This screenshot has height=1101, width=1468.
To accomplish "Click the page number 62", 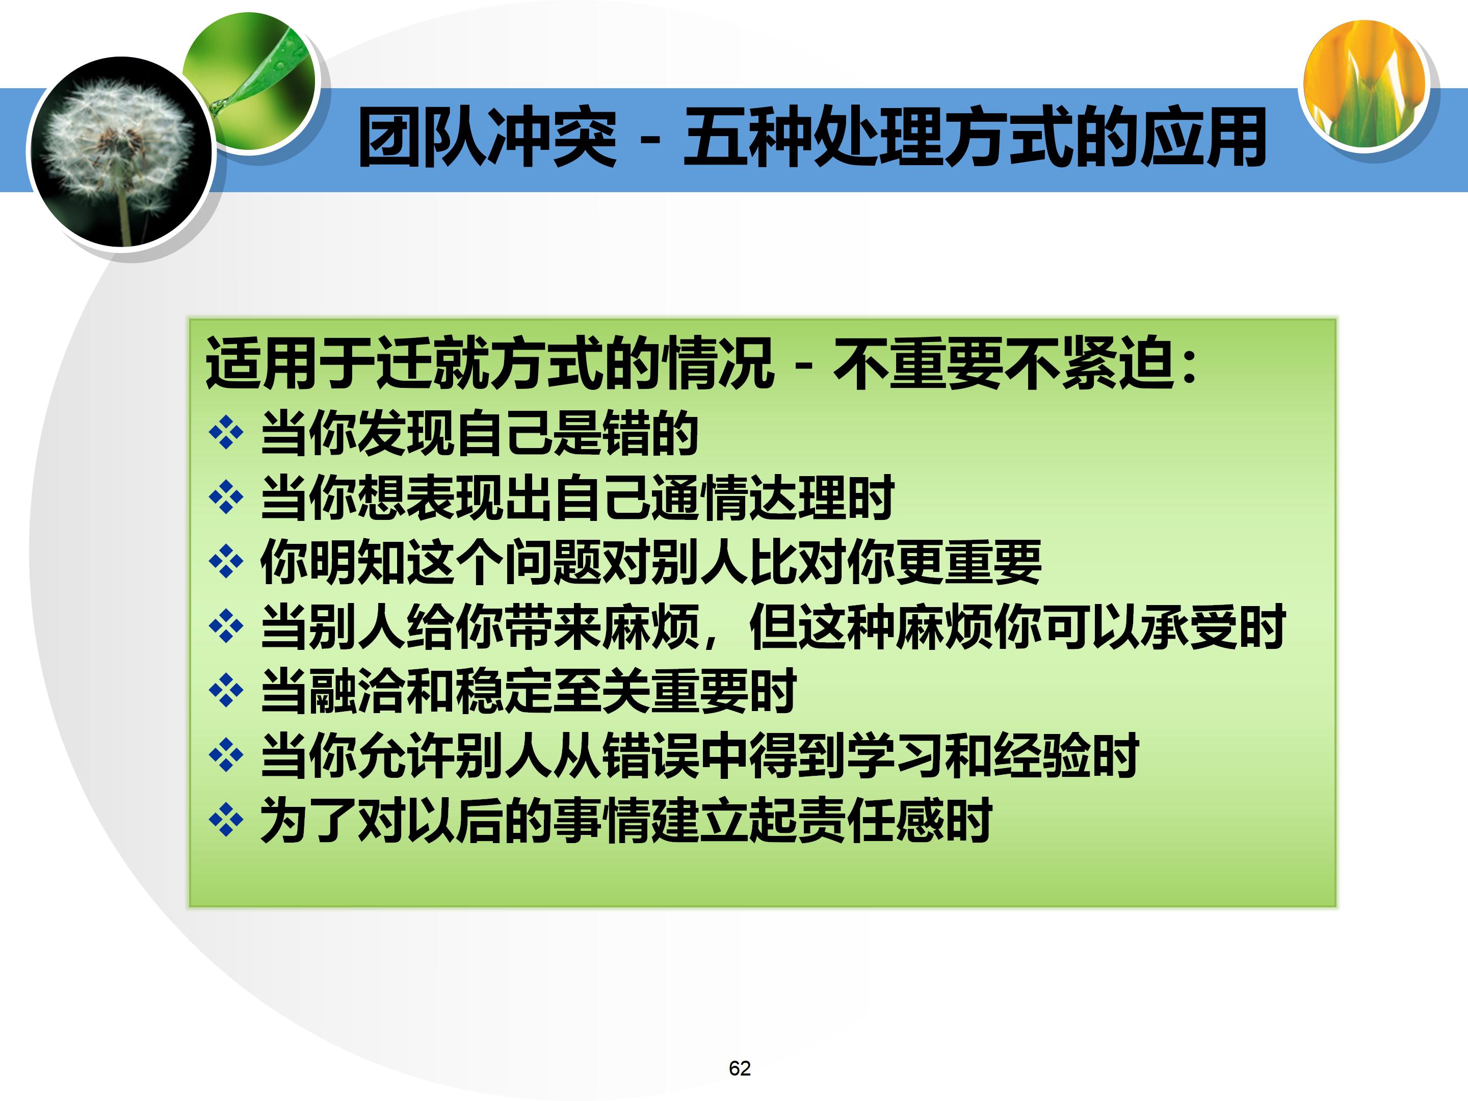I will [739, 1068].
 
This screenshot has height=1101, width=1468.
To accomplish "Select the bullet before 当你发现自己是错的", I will [226, 433].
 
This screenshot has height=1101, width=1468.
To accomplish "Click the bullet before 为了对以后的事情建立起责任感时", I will [226, 820].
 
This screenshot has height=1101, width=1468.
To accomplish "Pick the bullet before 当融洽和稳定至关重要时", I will [226, 690].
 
